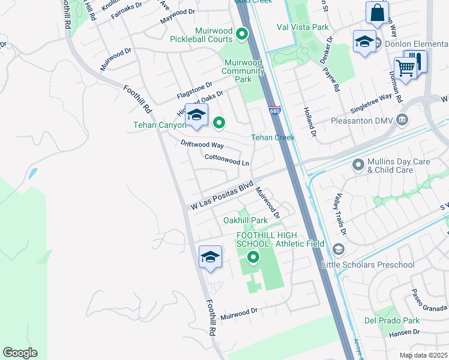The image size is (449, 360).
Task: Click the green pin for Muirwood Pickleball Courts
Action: pyautogui.click(x=243, y=34)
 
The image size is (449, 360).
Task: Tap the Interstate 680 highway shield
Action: pyautogui.click(x=275, y=110)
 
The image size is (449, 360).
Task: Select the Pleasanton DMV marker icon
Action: pyautogui.click(x=402, y=121)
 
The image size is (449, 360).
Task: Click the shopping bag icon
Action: pyautogui.click(x=377, y=13)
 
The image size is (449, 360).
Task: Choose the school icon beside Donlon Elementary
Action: pyautogui.click(x=364, y=41)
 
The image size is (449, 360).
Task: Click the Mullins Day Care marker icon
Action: pyautogui.click(x=358, y=164)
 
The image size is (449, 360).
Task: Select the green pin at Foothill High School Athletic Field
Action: pyautogui.click(x=253, y=258)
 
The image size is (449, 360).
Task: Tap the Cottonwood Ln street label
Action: pyautogui.click(x=226, y=160)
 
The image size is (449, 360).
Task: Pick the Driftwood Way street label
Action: pyautogui.click(x=202, y=145)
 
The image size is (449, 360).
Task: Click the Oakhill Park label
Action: pyautogui.click(x=245, y=220)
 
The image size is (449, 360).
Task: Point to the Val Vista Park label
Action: pyautogui.click(x=303, y=27)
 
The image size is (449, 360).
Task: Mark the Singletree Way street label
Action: pyautogui.click(x=370, y=103)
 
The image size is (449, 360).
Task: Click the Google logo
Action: pyautogui.click(x=20, y=352)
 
